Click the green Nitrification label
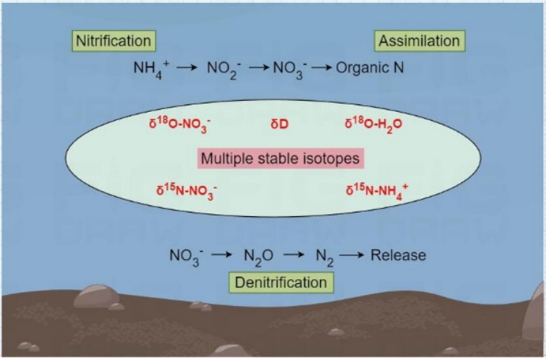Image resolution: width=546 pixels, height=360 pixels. point(113,40)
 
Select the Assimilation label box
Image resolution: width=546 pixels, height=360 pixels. point(419,41)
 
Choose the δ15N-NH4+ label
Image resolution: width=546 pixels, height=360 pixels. point(377,191)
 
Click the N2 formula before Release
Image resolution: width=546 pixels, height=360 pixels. point(323,256)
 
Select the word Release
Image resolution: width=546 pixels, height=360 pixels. point(399,256)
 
